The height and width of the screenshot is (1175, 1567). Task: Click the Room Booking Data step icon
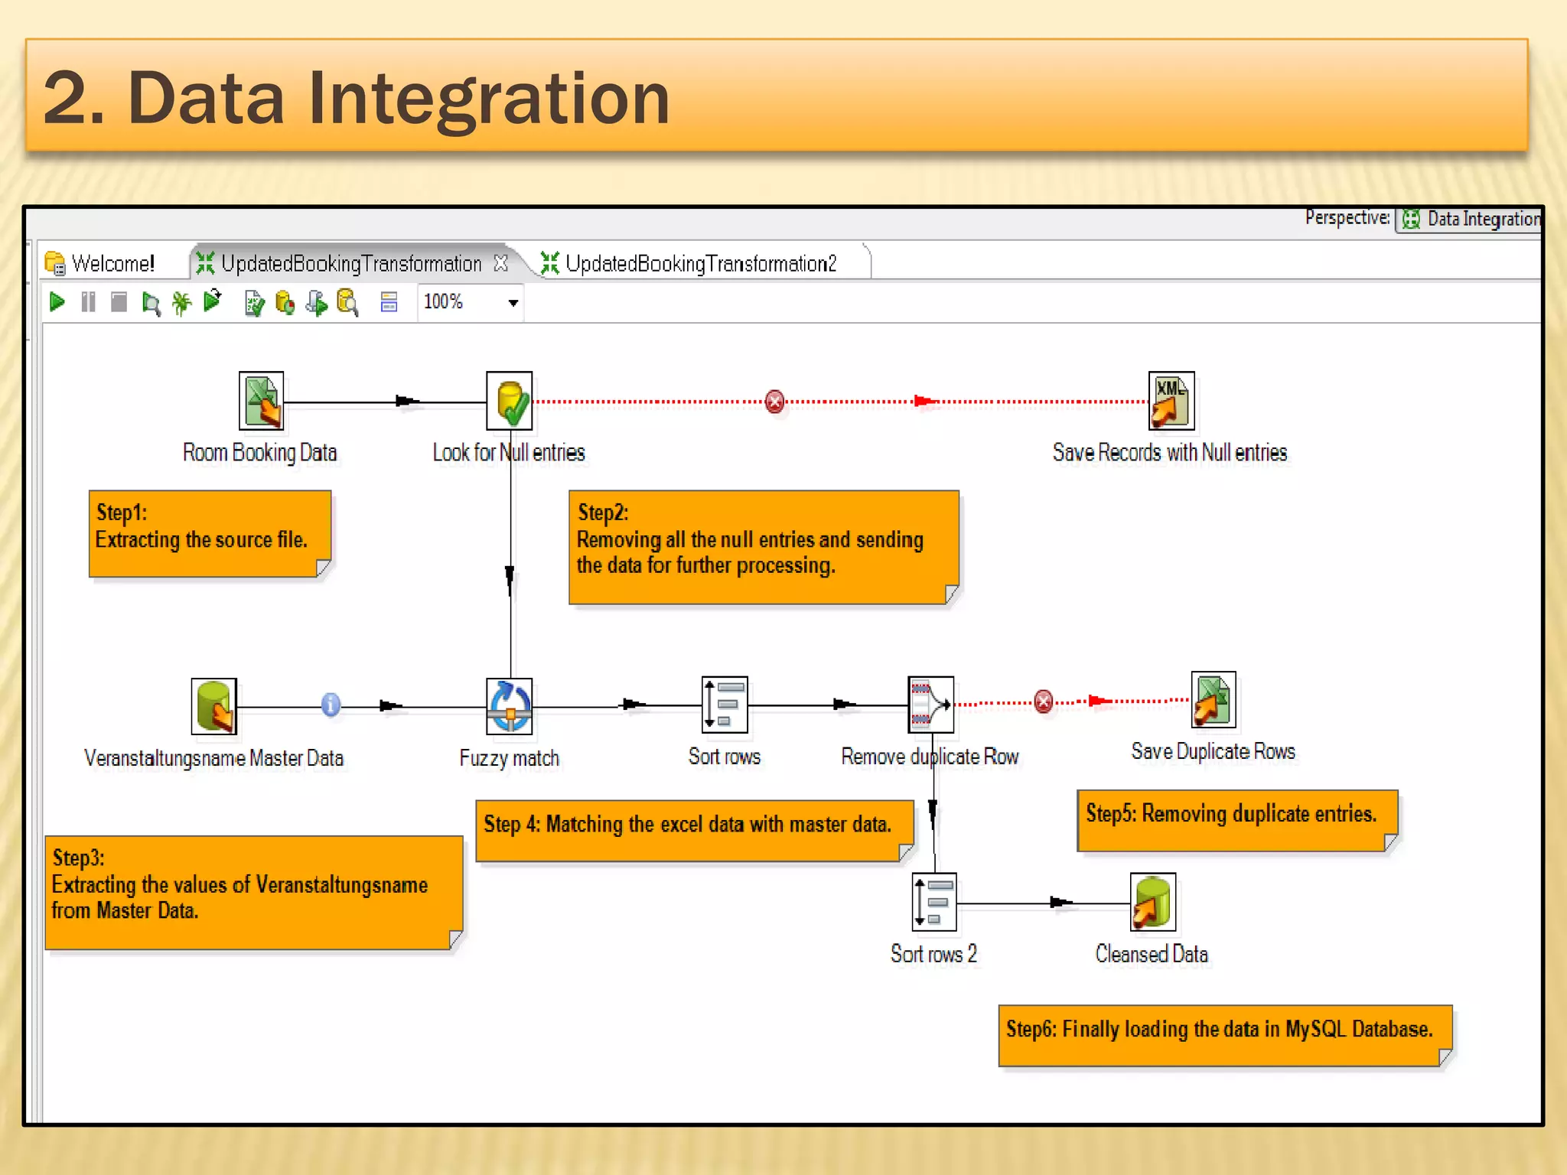(261, 401)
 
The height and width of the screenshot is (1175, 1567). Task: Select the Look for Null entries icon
(510, 401)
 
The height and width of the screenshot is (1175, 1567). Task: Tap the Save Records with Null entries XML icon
(1171, 401)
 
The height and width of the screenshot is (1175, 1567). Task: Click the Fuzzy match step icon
(510, 706)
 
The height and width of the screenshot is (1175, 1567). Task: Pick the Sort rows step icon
(724, 705)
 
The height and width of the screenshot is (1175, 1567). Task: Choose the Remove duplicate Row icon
(930, 705)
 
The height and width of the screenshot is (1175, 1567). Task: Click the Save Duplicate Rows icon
(1213, 700)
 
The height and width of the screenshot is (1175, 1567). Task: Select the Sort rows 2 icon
(934, 902)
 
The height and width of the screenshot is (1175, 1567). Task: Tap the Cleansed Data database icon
(1152, 902)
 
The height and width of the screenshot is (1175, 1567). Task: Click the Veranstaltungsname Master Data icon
(213, 706)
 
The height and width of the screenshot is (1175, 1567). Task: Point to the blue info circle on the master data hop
(331, 705)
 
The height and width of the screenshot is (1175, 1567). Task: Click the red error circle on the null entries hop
(774, 402)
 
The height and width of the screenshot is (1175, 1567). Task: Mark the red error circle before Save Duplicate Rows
(1043, 701)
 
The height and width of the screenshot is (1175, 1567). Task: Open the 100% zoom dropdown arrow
(513, 303)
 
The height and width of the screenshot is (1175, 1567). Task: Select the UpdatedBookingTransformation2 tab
(700, 264)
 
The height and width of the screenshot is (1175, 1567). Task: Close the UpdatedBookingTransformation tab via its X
(501, 263)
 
